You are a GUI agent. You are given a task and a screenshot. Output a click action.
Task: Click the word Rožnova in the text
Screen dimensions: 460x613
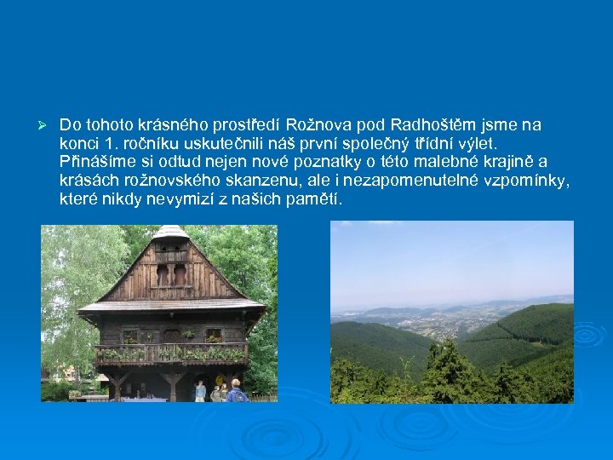tap(316, 125)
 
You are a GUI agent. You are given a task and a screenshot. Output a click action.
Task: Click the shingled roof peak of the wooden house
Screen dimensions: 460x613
tap(171, 232)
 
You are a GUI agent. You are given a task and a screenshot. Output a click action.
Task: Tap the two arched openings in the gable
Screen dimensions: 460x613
tap(171, 274)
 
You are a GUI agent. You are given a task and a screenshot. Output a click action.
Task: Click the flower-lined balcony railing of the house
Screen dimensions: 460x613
tap(171, 353)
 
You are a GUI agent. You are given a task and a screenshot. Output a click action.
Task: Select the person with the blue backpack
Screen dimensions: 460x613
tap(236, 392)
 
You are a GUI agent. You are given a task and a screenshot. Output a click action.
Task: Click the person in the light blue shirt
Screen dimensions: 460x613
tap(200, 391)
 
